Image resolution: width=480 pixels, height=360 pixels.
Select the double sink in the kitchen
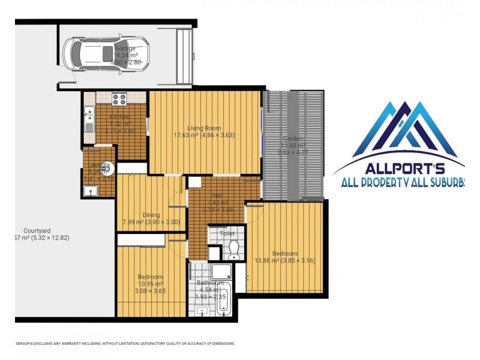(89, 119)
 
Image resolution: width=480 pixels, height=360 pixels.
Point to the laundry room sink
(91, 191)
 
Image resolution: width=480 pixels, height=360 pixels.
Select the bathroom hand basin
(202, 311)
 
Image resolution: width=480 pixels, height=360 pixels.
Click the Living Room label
(204, 128)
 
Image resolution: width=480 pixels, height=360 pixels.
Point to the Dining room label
(151, 215)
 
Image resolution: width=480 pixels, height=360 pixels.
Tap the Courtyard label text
(37, 230)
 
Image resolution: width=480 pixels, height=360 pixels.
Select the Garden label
(293, 139)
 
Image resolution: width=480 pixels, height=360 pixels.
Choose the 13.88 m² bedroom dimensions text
(284, 260)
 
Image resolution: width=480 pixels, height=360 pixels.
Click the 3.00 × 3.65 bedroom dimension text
(150, 290)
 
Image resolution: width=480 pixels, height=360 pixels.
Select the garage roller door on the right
(184, 56)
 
